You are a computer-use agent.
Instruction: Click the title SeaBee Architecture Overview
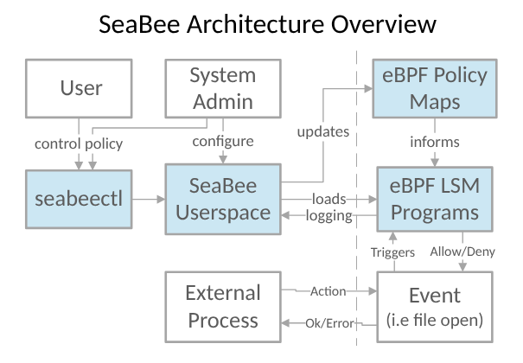tap(261, 24)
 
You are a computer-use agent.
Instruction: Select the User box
tap(81, 87)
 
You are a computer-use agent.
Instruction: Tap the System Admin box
tap(222, 87)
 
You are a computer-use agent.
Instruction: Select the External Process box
tap(222, 307)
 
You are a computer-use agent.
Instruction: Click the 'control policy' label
tap(78, 143)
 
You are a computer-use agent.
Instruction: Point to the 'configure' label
tap(223, 142)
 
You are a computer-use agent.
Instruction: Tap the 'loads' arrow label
tap(330, 199)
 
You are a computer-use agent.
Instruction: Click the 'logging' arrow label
tap(328, 216)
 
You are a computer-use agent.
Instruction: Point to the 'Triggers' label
tap(393, 252)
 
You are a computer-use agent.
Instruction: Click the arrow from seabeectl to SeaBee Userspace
tap(149, 199)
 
